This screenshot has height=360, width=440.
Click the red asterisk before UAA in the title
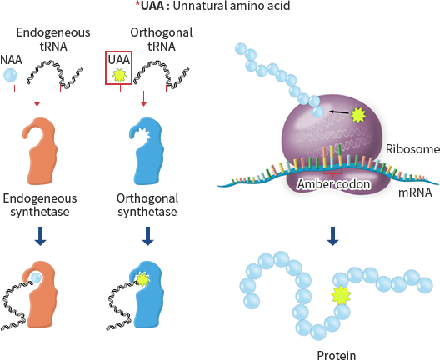click(137, 3)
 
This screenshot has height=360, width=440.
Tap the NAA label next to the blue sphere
click(11, 60)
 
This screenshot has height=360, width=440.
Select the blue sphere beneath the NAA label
click(10, 76)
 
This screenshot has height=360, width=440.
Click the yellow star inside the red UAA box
click(119, 75)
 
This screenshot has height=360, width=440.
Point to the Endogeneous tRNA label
click(53, 39)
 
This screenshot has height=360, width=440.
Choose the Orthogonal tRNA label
click(162, 39)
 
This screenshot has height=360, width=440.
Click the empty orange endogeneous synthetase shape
click(40, 151)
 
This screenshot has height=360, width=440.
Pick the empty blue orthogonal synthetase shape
click(147, 151)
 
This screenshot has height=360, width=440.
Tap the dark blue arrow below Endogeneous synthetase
click(40, 236)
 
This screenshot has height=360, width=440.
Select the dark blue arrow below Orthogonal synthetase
click(147, 236)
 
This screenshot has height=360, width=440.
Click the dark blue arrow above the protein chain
click(332, 236)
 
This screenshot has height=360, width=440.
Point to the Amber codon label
click(333, 184)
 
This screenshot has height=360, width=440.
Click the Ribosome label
click(412, 149)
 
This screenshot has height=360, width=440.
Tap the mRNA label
click(415, 192)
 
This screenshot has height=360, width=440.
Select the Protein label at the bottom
click(337, 355)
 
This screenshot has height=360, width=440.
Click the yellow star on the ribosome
click(358, 115)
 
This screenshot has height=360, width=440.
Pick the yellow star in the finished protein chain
click(341, 295)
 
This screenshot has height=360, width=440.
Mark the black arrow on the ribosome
click(339, 112)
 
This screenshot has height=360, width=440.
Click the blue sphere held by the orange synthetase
click(37, 277)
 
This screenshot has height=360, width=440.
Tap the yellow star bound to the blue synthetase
click(142, 279)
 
